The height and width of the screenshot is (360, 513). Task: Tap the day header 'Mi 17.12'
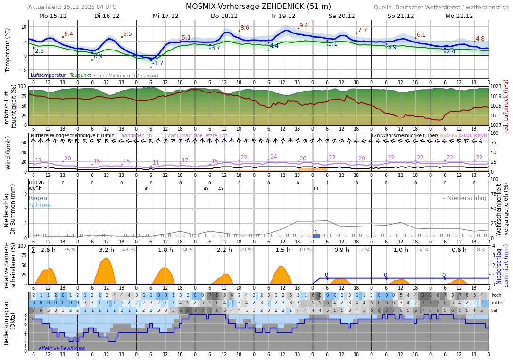[x=165, y=16]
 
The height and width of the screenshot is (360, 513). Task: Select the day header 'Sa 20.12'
[x=342, y=16]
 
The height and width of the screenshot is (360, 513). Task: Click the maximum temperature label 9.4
[x=304, y=25]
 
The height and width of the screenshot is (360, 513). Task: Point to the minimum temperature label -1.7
[x=157, y=63]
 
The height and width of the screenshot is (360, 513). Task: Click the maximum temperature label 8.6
[x=245, y=28]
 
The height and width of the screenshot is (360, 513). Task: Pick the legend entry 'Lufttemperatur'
[x=48, y=75]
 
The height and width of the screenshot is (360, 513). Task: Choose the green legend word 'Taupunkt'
[x=80, y=75]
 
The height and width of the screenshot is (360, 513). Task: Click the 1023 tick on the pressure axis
[x=496, y=87]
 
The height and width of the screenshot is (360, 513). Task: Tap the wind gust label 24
[x=273, y=157]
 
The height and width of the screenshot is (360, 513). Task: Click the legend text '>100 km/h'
[x=473, y=136]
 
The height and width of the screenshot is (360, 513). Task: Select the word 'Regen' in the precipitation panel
[x=38, y=198]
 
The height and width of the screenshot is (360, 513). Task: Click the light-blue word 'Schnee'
[x=40, y=205]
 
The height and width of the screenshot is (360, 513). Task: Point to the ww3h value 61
[x=316, y=189]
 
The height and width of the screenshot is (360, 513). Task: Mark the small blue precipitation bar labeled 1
[x=316, y=236]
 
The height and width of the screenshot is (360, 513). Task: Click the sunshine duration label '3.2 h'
[x=106, y=250]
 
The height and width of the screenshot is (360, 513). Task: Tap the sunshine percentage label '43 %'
[x=128, y=250]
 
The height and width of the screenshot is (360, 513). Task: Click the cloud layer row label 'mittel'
[x=497, y=303]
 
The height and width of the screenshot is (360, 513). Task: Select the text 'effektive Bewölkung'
[x=62, y=348]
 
